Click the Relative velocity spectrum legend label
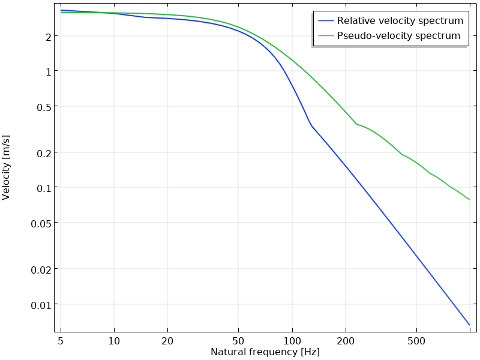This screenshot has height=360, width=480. tap(400, 21)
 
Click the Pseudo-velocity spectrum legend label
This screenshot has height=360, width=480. tap(398, 36)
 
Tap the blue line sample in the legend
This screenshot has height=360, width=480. tap(326, 21)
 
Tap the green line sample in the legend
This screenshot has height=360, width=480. tap(326, 36)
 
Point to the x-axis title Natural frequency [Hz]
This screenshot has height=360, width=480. tap(265, 352)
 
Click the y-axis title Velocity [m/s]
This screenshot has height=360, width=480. tap(7, 167)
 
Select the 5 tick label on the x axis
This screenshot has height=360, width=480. tap(61, 341)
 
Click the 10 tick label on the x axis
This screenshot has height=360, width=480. tap(114, 341)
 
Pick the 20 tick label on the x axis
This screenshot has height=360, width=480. tap(167, 341)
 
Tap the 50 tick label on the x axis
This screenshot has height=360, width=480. tap(238, 341)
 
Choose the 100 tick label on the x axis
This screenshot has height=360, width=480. tap(292, 341)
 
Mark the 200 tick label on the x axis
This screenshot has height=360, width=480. tap(346, 341)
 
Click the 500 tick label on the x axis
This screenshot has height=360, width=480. tap(416, 341)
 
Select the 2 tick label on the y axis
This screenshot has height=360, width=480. tap(47, 37)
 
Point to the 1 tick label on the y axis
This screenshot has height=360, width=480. tap(47, 71)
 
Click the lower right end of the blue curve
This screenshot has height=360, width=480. tap(469, 325)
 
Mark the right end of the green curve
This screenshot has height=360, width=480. tap(469, 199)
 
